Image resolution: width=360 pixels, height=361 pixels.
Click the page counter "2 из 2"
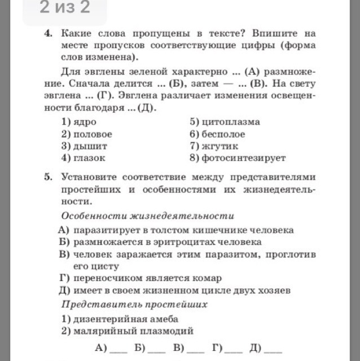65,8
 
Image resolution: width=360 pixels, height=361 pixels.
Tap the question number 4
48,34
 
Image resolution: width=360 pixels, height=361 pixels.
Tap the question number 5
48,177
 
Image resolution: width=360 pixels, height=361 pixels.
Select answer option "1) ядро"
78,122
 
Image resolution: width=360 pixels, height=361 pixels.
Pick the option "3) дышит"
84,146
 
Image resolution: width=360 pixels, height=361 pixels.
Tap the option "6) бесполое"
217,134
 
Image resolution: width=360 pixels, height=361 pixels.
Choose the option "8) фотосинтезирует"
238,158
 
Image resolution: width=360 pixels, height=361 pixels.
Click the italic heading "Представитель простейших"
134,304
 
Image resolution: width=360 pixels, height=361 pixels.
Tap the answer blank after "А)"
118,349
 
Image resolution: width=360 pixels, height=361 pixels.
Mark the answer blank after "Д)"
273,349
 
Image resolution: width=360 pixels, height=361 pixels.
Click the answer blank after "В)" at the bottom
196,349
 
